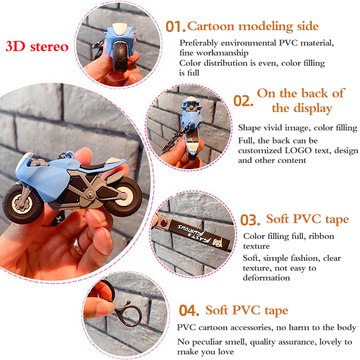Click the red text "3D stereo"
tap(37, 47)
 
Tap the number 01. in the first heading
tap(175, 27)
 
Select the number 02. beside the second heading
tap(243, 101)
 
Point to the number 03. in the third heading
tap(250, 220)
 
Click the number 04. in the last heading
tap(189, 310)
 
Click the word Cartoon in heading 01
tap(211, 26)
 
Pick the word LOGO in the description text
tap(298, 151)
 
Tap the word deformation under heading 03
tap(266, 278)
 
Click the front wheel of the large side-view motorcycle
tap(23, 204)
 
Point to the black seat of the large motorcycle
tap(94, 166)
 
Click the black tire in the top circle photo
tap(120, 57)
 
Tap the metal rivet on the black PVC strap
tap(163, 222)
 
